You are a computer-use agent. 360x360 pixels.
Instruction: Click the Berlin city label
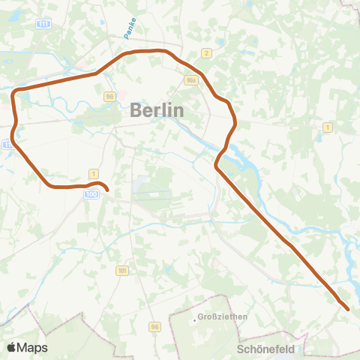click(x=157, y=109)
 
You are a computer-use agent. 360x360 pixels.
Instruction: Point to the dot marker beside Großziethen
click(x=193, y=320)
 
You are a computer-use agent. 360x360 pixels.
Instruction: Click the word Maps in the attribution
click(x=32, y=347)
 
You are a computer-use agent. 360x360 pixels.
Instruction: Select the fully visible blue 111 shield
click(x=44, y=25)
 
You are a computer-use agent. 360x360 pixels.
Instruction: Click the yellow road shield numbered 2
click(x=205, y=52)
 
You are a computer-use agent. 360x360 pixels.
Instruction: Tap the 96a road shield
click(x=190, y=79)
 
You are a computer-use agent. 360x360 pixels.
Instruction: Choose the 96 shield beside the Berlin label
click(x=109, y=97)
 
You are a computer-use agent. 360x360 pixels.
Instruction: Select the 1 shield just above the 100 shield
click(x=93, y=173)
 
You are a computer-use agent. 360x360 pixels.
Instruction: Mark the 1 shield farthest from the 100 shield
click(x=327, y=127)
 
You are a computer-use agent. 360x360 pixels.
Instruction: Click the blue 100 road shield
click(x=91, y=194)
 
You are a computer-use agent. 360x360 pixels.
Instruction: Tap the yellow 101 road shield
click(x=121, y=269)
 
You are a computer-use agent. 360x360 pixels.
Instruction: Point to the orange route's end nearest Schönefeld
click(x=347, y=307)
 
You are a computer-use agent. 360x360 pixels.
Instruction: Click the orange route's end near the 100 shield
click(x=106, y=190)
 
